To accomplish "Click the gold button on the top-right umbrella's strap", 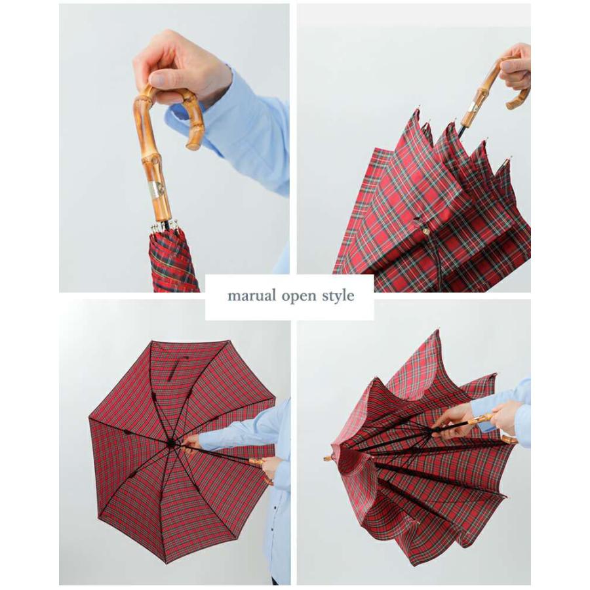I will pos(425,230).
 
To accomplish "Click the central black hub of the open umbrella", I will pos(171,443).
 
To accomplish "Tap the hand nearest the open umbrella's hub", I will pos(191,444).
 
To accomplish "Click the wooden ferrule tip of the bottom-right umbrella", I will pos(328,457).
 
